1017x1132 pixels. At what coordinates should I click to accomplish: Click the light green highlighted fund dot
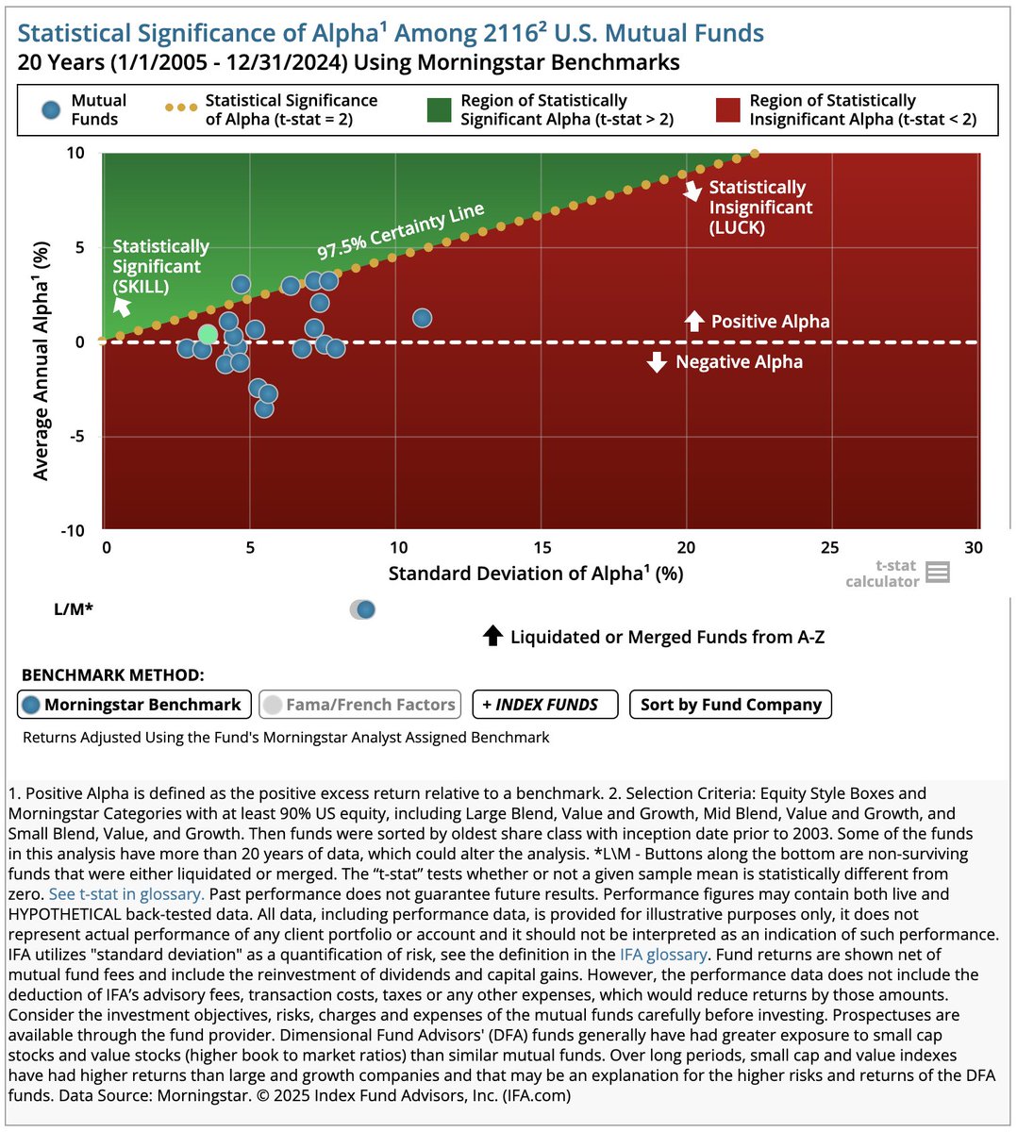click(208, 335)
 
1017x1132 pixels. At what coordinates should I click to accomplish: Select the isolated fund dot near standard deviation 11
click(422, 318)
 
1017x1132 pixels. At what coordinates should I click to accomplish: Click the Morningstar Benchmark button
click(134, 705)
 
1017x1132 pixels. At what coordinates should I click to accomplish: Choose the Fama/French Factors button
click(359, 705)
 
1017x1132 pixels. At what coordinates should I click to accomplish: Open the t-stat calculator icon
click(937, 572)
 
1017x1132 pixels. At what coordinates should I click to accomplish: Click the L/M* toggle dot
click(365, 609)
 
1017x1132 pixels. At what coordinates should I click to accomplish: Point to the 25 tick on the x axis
click(828, 548)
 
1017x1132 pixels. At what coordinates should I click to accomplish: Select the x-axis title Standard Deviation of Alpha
click(535, 574)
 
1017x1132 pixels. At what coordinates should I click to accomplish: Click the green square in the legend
click(439, 110)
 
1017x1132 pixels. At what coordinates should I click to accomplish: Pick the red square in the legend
click(727, 110)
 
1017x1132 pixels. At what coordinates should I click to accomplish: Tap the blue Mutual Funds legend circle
click(52, 108)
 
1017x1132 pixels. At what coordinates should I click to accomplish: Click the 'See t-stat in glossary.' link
click(126, 894)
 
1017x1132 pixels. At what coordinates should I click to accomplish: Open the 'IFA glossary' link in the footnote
click(663, 955)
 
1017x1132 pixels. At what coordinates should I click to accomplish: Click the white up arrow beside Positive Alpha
click(693, 322)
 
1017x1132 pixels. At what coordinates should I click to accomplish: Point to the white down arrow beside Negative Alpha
click(658, 362)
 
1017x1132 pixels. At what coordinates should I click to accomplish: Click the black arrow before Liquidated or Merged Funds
click(492, 636)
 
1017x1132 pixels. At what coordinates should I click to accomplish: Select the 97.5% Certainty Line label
click(400, 231)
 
